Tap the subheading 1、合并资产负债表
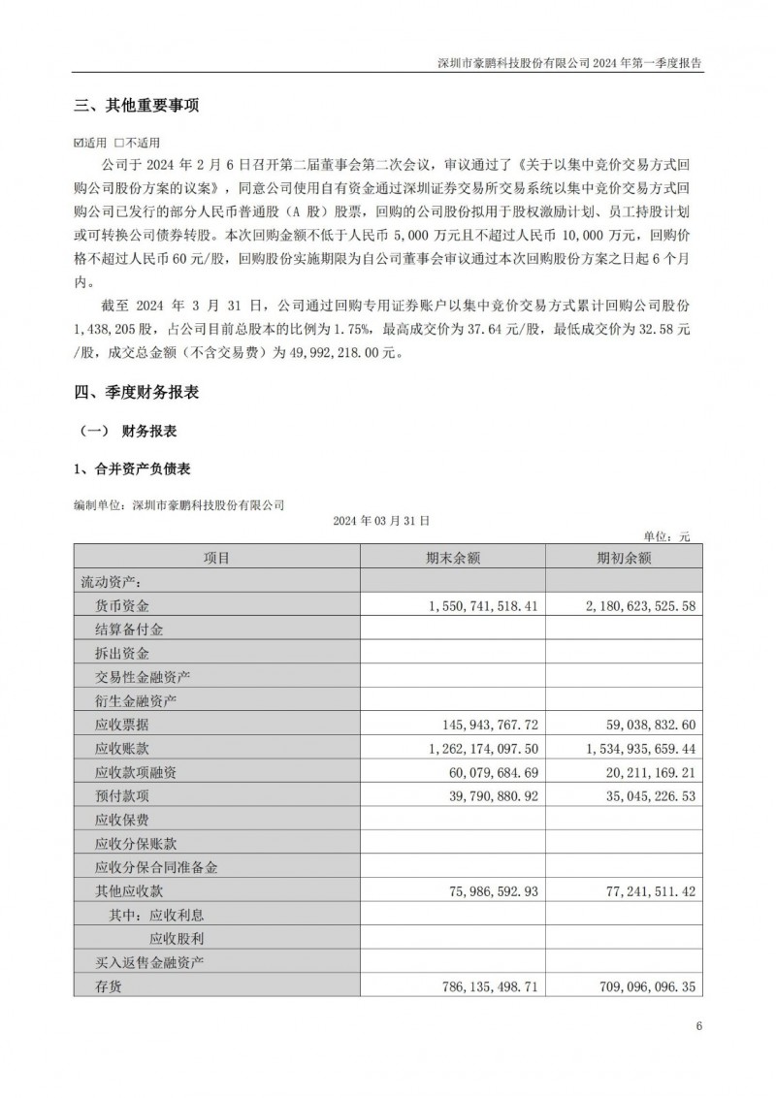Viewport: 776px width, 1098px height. (132, 469)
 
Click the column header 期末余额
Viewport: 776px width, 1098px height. (453, 558)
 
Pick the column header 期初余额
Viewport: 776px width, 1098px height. (624, 558)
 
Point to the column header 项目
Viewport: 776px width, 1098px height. (216, 558)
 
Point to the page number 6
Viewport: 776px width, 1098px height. (697, 1027)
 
